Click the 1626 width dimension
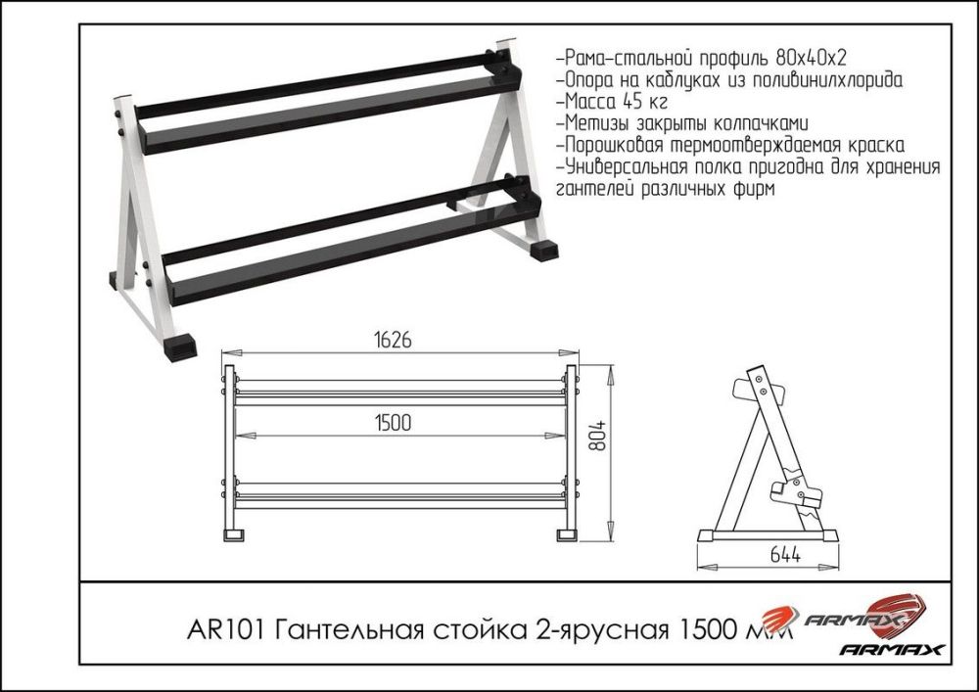coord(391,340)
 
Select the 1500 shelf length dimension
coord(391,422)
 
